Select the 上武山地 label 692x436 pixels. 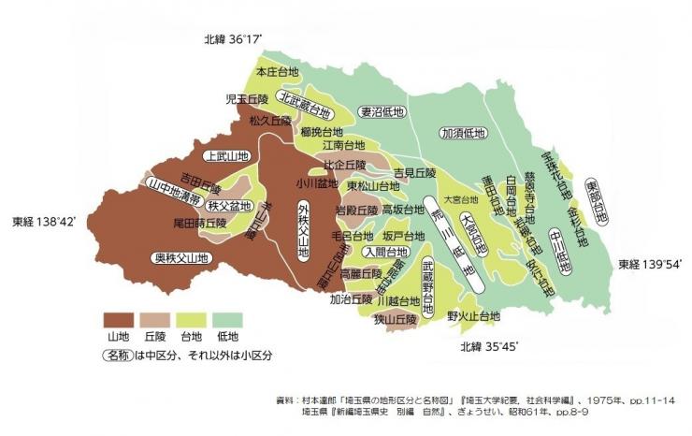click(x=226, y=156)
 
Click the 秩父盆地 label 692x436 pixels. click(x=227, y=206)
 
